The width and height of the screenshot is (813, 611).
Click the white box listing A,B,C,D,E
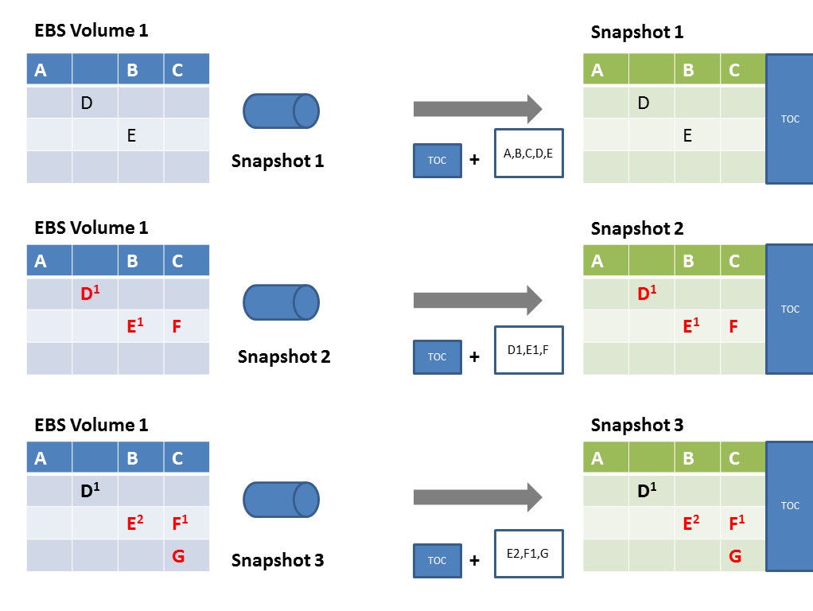click(x=529, y=153)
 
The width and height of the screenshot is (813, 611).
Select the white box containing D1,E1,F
click(x=529, y=350)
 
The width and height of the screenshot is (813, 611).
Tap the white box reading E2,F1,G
click(x=529, y=553)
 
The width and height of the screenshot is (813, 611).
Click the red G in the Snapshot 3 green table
click(x=735, y=556)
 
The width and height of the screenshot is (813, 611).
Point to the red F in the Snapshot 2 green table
click(x=733, y=325)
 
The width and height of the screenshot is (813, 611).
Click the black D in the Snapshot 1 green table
click(x=644, y=103)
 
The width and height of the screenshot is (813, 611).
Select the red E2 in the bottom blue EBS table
click(x=134, y=523)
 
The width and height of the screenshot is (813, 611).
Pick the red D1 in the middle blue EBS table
click(x=89, y=294)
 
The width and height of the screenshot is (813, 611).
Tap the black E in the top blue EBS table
click(x=131, y=135)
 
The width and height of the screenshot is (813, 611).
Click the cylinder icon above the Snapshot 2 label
click(x=281, y=302)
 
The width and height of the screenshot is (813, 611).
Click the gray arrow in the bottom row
click(x=477, y=498)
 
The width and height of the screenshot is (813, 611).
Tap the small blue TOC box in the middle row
click(x=437, y=356)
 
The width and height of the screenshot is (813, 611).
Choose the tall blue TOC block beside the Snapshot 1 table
click(x=789, y=119)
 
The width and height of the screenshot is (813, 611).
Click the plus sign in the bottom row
click(x=474, y=560)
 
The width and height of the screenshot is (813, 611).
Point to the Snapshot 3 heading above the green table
click(x=636, y=425)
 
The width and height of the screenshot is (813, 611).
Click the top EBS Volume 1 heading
click(x=91, y=31)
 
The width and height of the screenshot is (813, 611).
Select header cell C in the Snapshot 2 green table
click(x=733, y=261)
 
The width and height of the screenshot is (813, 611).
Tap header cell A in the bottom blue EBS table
click(x=41, y=458)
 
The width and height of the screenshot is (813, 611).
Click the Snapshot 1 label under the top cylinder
click(x=278, y=161)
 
